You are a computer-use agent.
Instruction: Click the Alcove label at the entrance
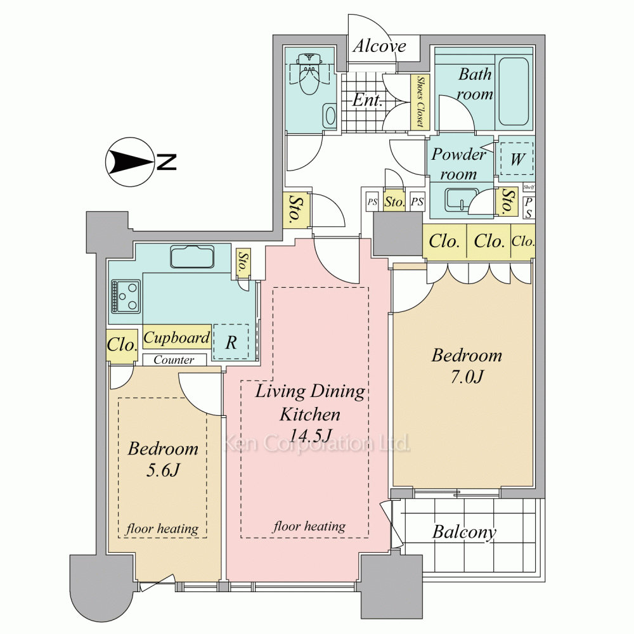tap(379, 46)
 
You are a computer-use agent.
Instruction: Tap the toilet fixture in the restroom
tap(310, 74)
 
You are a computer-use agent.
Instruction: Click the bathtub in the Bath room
tap(514, 92)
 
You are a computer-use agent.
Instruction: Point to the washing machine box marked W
tap(517, 159)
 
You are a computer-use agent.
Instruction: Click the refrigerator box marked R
tap(231, 342)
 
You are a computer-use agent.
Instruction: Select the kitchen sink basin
tap(192, 257)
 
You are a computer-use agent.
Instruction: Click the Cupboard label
tap(177, 337)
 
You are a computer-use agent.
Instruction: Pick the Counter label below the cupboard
tap(174, 359)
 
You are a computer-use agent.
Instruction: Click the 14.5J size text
tap(311, 435)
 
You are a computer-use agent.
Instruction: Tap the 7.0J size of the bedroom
tap(467, 377)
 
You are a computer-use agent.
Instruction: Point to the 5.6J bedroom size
tap(162, 470)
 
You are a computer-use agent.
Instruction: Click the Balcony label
tap(464, 532)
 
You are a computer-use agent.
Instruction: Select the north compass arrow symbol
tap(130, 162)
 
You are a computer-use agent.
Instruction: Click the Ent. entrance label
tap(367, 100)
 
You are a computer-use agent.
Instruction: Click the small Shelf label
tap(529, 187)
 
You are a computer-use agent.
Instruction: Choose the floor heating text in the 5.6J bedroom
tap(162, 529)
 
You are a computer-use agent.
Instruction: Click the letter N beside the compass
tap(167, 162)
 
